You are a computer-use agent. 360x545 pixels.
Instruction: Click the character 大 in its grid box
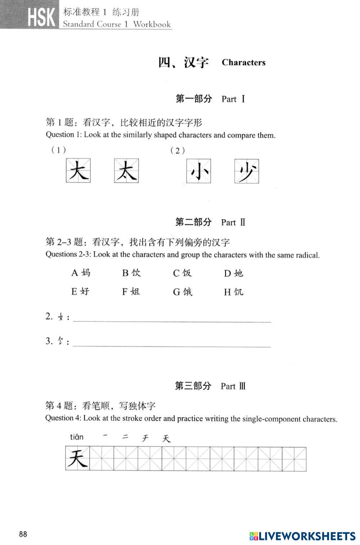pos(78,171)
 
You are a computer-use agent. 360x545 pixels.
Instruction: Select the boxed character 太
pos(126,171)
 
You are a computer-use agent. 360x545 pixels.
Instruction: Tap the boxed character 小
pos(198,171)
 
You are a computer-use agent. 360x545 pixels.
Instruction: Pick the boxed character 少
pos(247,171)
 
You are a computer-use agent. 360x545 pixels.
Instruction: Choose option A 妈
pos(81,273)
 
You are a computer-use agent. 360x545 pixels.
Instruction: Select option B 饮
pos(131,273)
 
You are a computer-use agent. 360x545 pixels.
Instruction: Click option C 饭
pos(183,273)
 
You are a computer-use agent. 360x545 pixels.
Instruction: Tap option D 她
pos(234,273)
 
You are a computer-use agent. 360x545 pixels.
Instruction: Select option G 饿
pos(183,292)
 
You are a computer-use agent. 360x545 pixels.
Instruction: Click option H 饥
pos(234,292)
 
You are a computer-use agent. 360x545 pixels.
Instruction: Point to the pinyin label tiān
pos(77,437)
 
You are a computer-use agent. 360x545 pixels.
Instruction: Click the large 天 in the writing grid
pos(78,459)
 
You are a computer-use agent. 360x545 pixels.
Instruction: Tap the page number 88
pos(23,534)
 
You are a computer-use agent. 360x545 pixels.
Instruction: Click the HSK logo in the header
pos(41,17)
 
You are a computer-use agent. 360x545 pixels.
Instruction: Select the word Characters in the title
pos(243,63)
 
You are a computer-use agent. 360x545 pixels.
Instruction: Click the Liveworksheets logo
pos(303,536)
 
